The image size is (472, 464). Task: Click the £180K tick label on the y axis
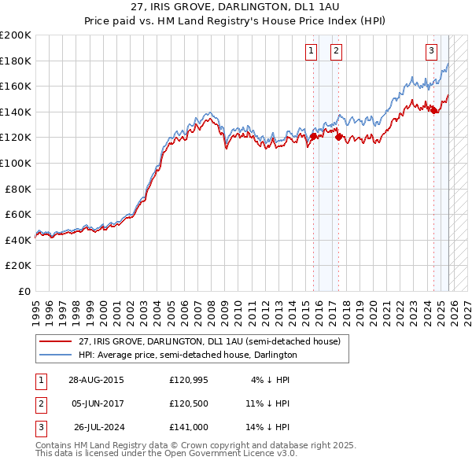tap(16, 61)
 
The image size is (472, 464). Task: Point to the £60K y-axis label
tap(18, 214)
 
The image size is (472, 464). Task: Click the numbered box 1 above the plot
tap(312, 52)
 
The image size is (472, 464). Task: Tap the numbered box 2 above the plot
tap(337, 52)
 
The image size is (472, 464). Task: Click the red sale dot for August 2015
tap(313, 136)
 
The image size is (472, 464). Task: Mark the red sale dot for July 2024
tap(433, 111)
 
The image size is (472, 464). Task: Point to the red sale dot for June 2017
tap(338, 137)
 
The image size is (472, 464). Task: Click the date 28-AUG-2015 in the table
tap(96, 379)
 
